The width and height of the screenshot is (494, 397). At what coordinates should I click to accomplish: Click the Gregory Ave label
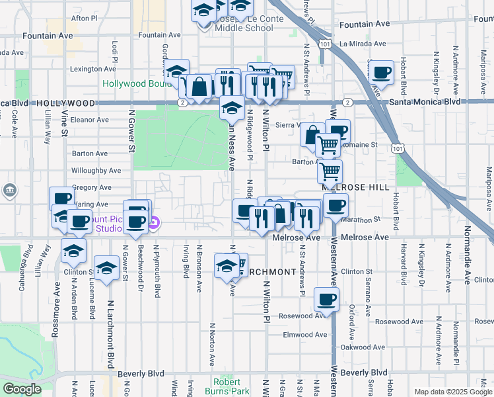pyautogui.click(x=86, y=188)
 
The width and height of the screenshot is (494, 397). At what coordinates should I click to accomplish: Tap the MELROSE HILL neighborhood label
pyautogui.click(x=355, y=187)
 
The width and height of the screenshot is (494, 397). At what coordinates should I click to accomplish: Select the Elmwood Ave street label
pyautogui.click(x=304, y=335)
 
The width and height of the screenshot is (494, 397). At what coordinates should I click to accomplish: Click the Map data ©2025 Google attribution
pyautogui.click(x=453, y=392)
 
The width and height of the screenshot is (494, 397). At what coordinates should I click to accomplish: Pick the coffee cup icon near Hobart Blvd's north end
pyautogui.click(x=382, y=72)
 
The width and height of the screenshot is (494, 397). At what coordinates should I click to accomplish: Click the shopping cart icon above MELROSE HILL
pyautogui.click(x=330, y=171)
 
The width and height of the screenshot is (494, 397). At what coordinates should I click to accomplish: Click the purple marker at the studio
pyautogui.click(x=153, y=224)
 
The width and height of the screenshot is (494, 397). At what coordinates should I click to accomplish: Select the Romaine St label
pyautogui.click(x=363, y=144)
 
